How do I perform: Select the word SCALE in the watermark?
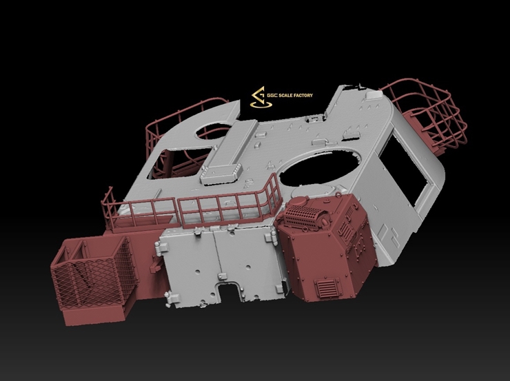pos(285,95)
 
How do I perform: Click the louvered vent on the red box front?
pos(325,287)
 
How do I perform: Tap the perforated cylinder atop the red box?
pos(304,214)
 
